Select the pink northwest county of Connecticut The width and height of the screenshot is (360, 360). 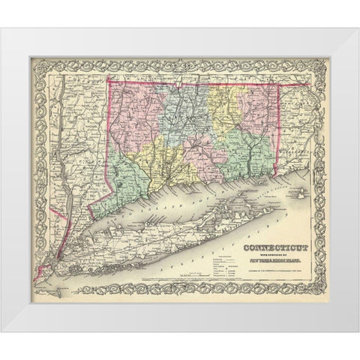click(x=135, y=112)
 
